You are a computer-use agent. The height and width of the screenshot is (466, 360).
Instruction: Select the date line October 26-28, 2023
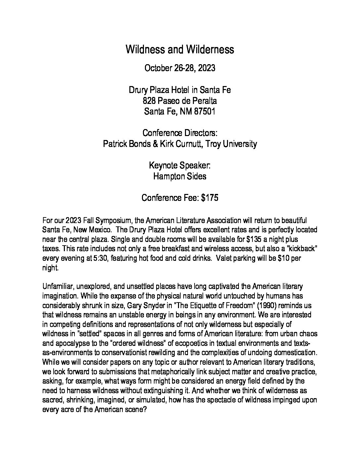click(180, 68)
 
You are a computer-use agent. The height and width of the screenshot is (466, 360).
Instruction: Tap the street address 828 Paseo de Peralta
click(180, 101)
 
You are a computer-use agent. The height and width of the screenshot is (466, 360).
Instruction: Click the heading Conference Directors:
click(180, 133)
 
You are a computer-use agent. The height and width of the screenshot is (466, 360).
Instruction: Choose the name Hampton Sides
click(180, 176)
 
